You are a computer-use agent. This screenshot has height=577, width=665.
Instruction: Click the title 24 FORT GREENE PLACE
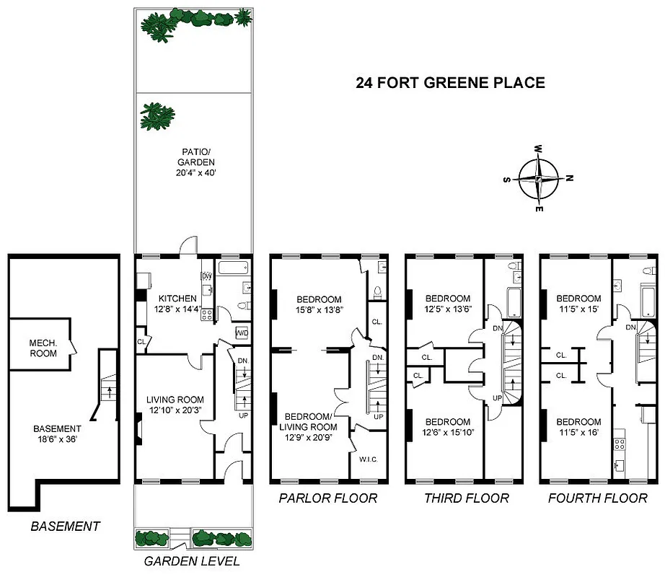(450, 83)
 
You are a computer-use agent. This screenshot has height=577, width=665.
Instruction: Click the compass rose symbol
(540, 178)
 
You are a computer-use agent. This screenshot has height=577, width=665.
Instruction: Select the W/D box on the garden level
(242, 333)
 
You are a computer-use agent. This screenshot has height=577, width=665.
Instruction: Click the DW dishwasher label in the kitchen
(207, 276)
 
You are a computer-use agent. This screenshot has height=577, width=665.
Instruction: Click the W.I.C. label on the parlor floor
(368, 459)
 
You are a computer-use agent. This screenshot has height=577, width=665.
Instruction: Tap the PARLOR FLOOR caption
(327, 498)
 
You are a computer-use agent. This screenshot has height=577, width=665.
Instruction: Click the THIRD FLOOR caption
(466, 498)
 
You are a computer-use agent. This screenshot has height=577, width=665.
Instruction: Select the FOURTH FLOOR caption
(597, 498)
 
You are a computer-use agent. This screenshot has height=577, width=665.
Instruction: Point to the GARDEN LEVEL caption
(192, 562)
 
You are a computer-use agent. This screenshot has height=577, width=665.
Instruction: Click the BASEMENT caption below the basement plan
(65, 527)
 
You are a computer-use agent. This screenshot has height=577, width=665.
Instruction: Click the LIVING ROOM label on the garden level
(175, 400)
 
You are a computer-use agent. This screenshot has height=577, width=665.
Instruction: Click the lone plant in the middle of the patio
(157, 117)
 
